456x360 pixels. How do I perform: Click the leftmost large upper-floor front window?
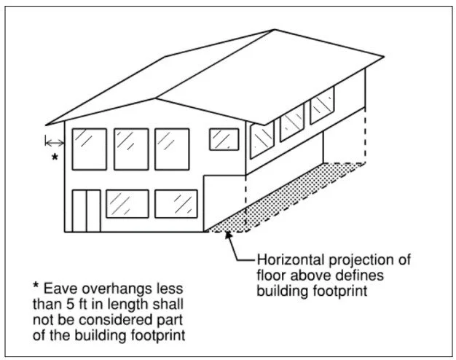(x=89, y=149)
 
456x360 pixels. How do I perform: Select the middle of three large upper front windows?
(x=131, y=149)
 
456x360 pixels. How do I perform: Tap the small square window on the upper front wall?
(x=224, y=138)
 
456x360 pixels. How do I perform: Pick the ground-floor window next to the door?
(x=127, y=204)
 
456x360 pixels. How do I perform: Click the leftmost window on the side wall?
(x=262, y=138)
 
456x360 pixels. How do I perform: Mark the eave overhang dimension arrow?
(x=54, y=140)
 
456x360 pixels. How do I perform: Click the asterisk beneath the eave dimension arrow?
(x=53, y=157)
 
